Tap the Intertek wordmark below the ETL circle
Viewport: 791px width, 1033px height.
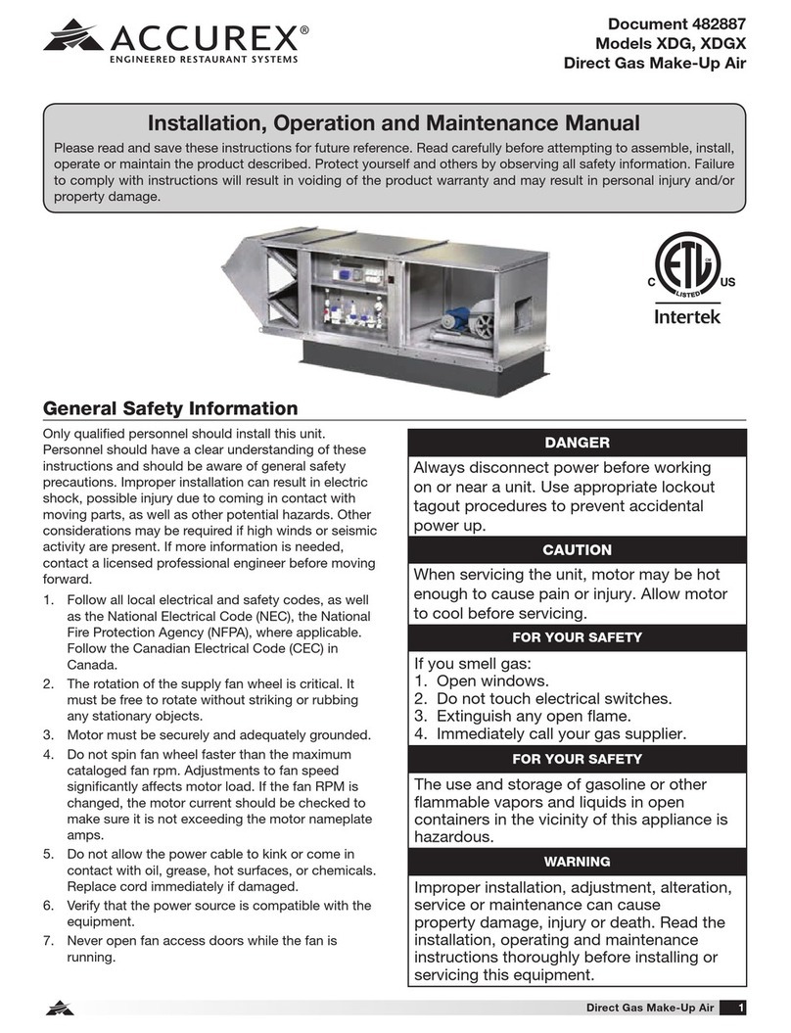click(688, 317)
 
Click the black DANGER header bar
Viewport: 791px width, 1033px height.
click(578, 444)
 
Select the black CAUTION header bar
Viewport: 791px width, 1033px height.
click(578, 550)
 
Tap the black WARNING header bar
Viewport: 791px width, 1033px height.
click(578, 862)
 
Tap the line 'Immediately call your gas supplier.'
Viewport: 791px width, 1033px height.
click(573, 733)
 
